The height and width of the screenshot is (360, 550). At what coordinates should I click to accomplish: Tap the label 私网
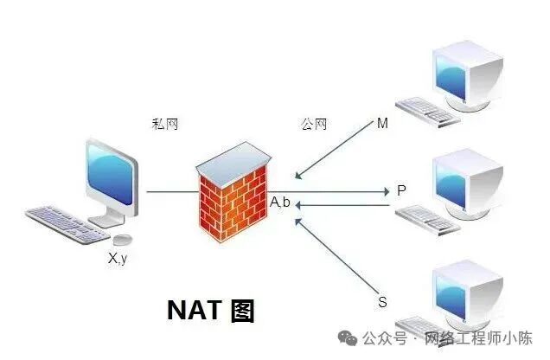pyautogui.click(x=164, y=125)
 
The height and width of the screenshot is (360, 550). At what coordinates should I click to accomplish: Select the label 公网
pyautogui.click(x=314, y=125)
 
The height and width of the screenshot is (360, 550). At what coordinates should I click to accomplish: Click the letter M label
pyautogui.click(x=382, y=124)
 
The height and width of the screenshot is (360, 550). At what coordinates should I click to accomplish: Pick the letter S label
pyautogui.click(x=382, y=302)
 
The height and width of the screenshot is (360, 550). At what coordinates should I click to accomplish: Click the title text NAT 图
pyautogui.click(x=210, y=310)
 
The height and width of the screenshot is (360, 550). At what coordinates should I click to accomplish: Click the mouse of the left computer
pyautogui.click(x=124, y=239)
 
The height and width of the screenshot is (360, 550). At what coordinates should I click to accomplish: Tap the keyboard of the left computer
pyautogui.click(x=65, y=223)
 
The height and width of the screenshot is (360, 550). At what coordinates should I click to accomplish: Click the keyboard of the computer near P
pyautogui.click(x=426, y=220)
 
